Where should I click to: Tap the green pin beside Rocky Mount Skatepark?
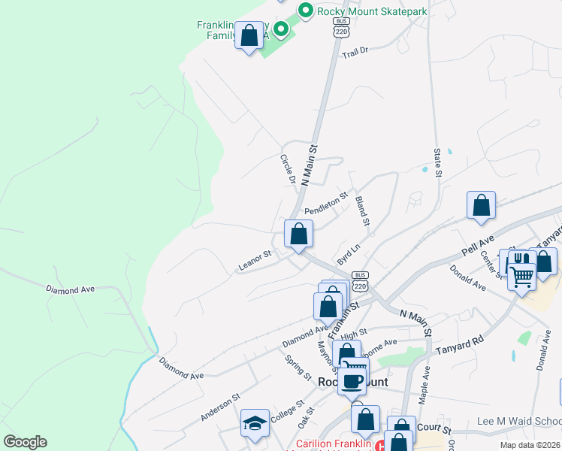305,11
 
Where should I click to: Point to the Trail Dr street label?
355,53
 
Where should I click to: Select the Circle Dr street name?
287,170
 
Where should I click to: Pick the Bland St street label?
362,210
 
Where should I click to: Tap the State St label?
437,162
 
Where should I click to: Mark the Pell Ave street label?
479,244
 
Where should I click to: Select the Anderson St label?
220,407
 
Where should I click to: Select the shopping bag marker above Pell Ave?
481,205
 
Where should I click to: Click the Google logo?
25,442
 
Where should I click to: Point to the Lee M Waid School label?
518,422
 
